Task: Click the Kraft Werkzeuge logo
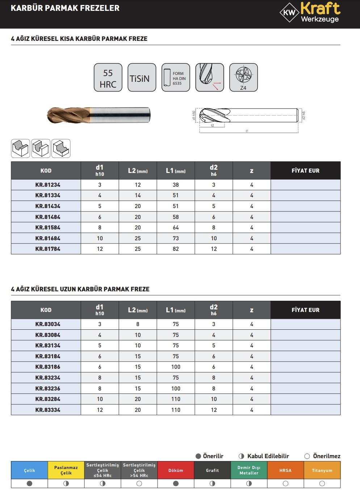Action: click(310, 13)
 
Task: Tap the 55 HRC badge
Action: click(108, 78)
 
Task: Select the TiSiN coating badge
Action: click(142, 78)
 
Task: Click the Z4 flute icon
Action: click(243, 78)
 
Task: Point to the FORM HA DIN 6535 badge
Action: click(176, 78)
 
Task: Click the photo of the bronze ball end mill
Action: click(99, 115)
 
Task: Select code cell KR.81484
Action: click(48, 217)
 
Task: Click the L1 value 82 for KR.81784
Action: click(176, 249)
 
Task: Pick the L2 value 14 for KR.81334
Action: click(138, 195)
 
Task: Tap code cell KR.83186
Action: click(48, 367)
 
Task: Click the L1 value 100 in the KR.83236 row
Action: click(176, 388)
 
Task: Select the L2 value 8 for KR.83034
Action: click(138, 324)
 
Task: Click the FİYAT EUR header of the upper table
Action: click(305, 170)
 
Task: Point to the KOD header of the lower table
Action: click(46, 310)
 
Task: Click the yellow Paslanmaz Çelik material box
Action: click(66, 470)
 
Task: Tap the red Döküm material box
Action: click(176, 470)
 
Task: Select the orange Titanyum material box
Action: click(322, 470)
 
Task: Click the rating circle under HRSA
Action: click(285, 484)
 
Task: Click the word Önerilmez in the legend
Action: click(327, 456)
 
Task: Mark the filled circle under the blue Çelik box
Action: click(30, 484)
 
